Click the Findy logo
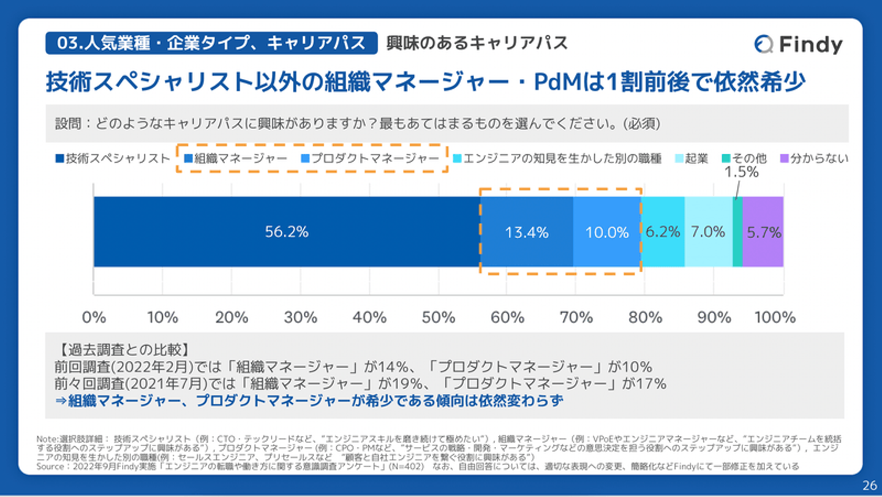coord(798,44)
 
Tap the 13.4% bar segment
coord(526,233)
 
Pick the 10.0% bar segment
coord(607,233)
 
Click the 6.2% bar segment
coord(663,232)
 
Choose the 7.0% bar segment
coord(708,232)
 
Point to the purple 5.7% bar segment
coord(763,233)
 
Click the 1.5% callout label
coord(742,173)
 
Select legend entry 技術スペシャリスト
coord(113,159)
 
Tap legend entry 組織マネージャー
coord(236,159)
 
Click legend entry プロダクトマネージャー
coord(370,159)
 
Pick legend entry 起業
coord(692,159)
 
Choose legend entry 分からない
coord(814,159)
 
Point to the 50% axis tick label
coord(439,318)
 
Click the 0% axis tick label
coord(94,318)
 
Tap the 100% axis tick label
coord(775,318)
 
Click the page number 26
coord(869,486)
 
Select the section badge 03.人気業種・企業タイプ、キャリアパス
coord(211,43)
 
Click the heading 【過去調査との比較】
coord(124,351)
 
